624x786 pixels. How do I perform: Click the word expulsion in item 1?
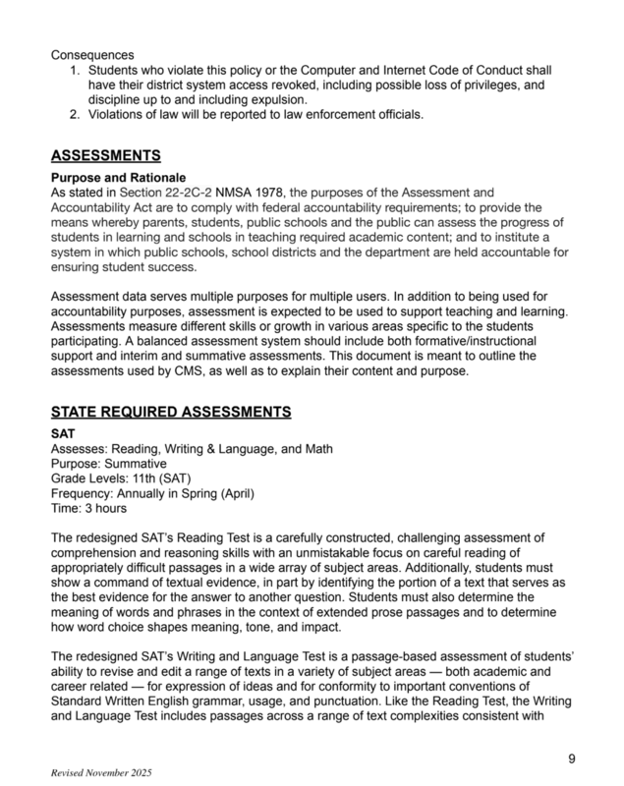click(x=278, y=100)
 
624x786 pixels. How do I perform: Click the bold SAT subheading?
click(x=64, y=433)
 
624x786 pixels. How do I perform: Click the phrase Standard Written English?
click(x=129, y=703)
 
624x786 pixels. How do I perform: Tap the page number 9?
click(x=572, y=758)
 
